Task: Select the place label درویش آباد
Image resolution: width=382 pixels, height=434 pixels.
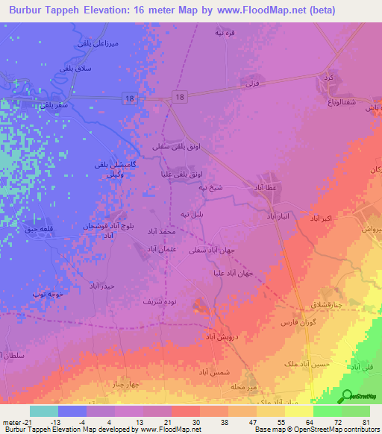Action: [223, 337]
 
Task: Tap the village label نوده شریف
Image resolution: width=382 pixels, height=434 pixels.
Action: [159, 302]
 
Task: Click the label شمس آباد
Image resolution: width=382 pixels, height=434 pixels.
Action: [216, 371]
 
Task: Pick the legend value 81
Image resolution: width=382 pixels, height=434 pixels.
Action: [365, 422]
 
